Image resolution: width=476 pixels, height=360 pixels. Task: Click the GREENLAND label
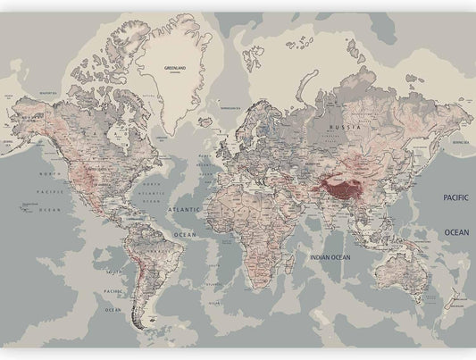(174, 67)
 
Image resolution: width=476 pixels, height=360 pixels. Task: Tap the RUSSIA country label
(344, 127)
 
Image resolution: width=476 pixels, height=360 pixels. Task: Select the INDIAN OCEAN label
(330, 257)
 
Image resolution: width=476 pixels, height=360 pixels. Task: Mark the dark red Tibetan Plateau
(341, 188)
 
